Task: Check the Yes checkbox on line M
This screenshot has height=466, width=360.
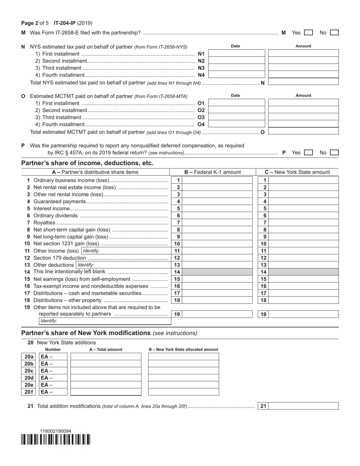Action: tap(308, 33)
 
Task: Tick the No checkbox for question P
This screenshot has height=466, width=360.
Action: tap(334, 153)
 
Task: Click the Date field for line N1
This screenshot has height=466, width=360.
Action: tap(237, 54)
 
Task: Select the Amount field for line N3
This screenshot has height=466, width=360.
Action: tap(303, 68)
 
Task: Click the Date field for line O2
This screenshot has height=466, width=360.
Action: tap(237, 110)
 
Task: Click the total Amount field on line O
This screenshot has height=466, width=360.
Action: tap(303, 132)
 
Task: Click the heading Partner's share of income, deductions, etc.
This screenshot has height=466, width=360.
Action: tap(88, 163)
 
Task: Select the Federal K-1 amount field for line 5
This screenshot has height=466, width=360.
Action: tap(217, 208)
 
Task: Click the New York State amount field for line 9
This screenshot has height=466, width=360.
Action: tap(304, 237)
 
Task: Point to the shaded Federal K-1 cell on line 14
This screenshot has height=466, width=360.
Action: tap(217, 272)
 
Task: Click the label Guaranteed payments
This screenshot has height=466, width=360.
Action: tap(60, 202)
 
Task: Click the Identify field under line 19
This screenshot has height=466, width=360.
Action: tap(105, 321)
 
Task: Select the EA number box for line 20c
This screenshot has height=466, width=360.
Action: tap(53, 371)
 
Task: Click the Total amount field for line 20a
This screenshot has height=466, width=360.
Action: tap(106, 357)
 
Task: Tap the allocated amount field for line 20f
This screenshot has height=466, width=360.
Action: tap(183, 392)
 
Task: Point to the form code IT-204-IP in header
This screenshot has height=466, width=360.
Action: tap(65, 23)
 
